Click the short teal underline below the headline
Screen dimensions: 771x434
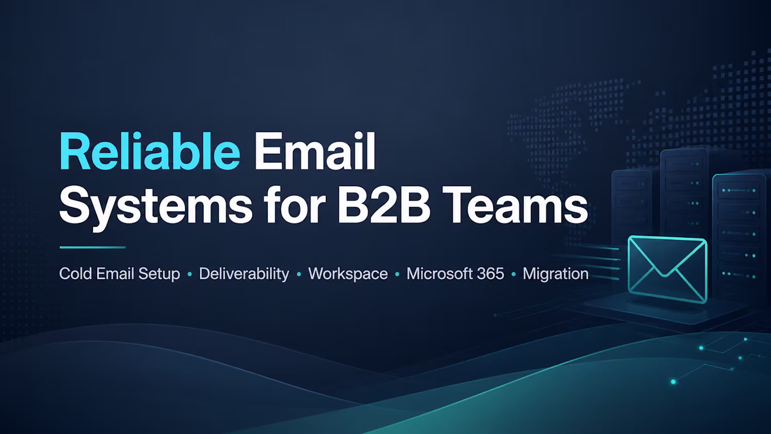[93, 247]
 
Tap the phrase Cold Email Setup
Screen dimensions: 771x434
[119, 274]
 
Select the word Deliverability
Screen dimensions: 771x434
[244, 275]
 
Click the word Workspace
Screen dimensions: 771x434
[348, 275]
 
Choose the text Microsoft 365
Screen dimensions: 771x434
[455, 274]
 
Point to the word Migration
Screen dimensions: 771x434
[556, 275]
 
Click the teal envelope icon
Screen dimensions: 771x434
[667, 269]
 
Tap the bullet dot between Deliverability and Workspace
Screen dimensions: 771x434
[299, 275]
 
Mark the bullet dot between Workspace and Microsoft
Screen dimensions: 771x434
[397, 275]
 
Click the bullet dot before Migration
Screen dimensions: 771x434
[513, 275]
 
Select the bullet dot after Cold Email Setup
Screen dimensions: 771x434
[190, 275]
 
